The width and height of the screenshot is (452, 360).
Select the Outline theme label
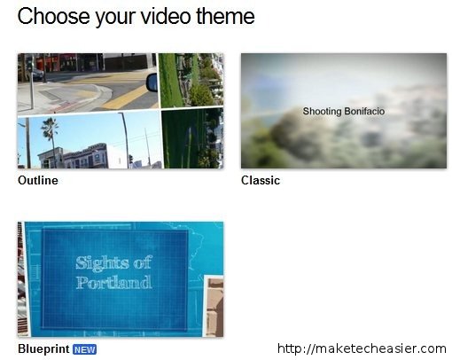tap(37, 181)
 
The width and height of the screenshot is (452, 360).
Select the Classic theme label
tap(261, 181)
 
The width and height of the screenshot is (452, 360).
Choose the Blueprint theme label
tap(43, 349)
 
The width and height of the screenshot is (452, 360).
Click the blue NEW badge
tap(84, 349)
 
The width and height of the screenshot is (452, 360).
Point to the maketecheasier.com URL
tap(362, 348)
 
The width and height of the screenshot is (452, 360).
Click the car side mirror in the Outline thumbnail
tap(151, 82)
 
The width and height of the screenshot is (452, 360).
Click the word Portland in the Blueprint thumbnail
tap(113, 283)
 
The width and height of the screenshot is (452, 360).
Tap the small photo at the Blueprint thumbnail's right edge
tap(214, 306)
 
